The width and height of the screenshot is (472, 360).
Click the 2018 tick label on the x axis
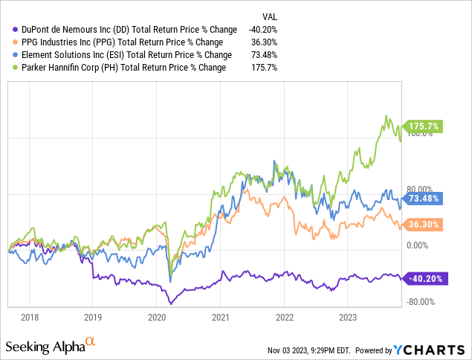click(30, 316)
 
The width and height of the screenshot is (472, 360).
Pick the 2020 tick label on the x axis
click(157, 316)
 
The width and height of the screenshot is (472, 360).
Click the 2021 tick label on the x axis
click(221, 316)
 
